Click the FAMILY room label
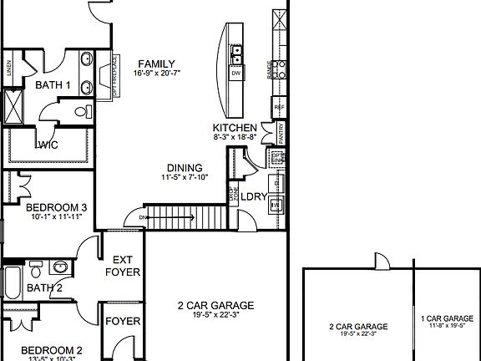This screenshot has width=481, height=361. click(157, 64)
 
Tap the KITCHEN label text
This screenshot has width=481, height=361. click(235, 128)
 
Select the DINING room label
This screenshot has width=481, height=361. click(185, 168)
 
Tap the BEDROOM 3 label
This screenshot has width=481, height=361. click(57, 207)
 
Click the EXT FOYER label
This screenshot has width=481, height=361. click(123, 266)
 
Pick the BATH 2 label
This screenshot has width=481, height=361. click(44, 288)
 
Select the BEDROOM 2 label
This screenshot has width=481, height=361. click(52, 350)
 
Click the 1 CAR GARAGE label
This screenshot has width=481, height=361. click(448, 318)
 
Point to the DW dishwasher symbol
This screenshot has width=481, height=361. click(236, 74)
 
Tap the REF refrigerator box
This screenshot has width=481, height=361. click(278, 107)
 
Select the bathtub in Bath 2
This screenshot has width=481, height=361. click(13, 284)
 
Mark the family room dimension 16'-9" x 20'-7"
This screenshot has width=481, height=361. click(157, 74)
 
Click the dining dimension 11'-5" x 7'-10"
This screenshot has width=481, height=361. click(185, 177)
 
